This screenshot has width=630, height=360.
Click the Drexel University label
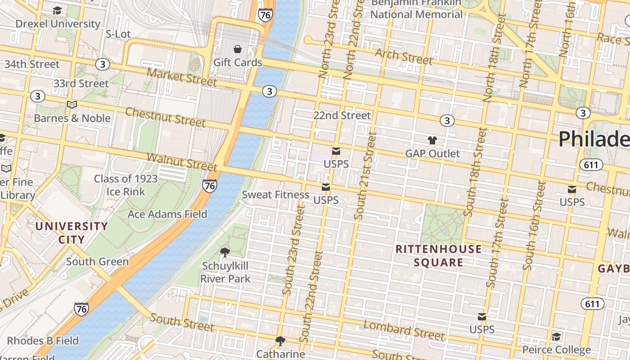tap(58, 24)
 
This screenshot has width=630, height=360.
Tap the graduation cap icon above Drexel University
tap(58, 10)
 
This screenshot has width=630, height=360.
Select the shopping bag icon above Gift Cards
tap(238, 49)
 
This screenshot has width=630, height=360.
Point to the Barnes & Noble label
tap(72, 118)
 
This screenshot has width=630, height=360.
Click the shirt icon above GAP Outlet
tap(432, 140)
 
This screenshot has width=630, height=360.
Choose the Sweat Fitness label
tap(275, 195)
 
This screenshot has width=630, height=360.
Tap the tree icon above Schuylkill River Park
tap(225, 252)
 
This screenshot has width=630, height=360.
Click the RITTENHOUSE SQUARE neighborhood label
tap(438, 256)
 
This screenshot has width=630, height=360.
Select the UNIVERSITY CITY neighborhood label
tap(72, 233)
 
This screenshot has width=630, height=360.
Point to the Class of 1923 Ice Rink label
tap(126, 185)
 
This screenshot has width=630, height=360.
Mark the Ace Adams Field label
tap(167, 214)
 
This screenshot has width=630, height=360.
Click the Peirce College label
tap(556, 350)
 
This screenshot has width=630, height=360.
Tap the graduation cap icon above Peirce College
tap(556, 337)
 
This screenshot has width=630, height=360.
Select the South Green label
tap(97, 261)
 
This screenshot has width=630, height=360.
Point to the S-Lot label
tap(118, 34)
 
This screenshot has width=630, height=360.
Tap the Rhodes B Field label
tap(43, 341)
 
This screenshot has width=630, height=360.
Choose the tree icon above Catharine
tap(280, 341)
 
